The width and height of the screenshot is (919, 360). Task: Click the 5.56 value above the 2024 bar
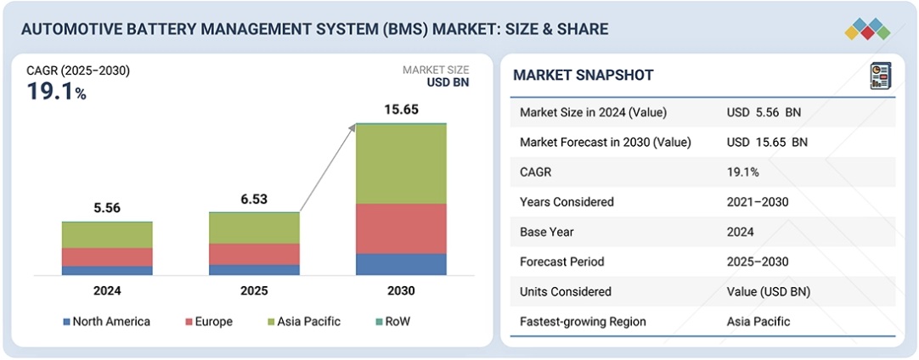[x=107, y=207]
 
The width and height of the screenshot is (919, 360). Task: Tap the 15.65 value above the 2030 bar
[x=401, y=110]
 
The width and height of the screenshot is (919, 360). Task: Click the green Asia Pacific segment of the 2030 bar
[x=401, y=164]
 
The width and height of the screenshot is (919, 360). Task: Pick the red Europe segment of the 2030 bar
[x=401, y=228]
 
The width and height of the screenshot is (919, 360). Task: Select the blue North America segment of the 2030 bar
[x=401, y=264]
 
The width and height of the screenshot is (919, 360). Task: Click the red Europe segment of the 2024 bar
[x=107, y=256]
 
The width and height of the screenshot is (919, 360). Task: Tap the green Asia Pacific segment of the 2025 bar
[x=254, y=228]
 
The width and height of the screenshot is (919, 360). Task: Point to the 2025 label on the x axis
[x=254, y=291]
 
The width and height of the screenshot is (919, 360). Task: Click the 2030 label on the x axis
[x=401, y=291]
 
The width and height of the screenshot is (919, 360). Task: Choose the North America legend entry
[x=106, y=322]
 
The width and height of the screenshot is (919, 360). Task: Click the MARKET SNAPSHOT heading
[x=584, y=76]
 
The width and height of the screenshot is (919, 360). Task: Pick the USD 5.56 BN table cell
[x=764, y=113]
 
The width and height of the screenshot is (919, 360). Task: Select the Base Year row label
[x=546, y=232]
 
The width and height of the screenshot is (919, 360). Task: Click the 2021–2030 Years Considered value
[x=755, y=202]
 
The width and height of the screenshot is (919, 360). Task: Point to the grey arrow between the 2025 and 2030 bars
[x=327, y=167]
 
